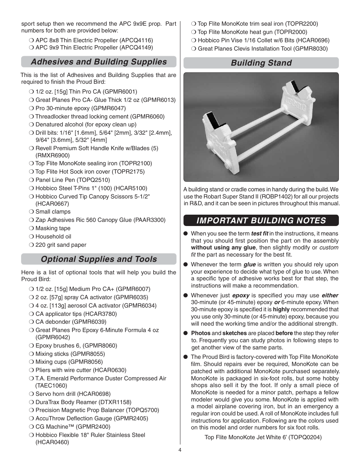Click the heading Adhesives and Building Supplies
(x=98, y=62)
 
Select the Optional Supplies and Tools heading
(x=98, y=259)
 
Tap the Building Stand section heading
(x=261, y=63)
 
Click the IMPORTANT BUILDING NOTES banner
(x=261, y=220)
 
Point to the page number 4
(x=180, y=450)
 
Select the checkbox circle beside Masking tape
(x=31, y=228)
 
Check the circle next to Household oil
(x=31, y=237)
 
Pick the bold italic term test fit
(x=260, y=234)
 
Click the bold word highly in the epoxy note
(x=281, y=309)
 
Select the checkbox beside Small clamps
(x=31, y=212)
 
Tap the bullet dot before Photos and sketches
(x=186, y=333)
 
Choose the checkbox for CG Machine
(x=31, y=427)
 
